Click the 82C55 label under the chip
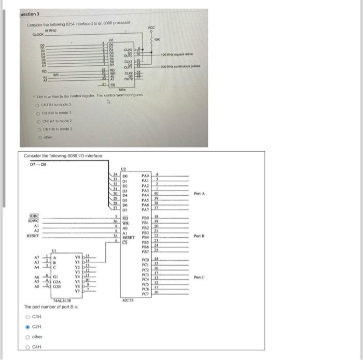129,300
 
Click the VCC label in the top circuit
152,27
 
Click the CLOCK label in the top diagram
39,35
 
